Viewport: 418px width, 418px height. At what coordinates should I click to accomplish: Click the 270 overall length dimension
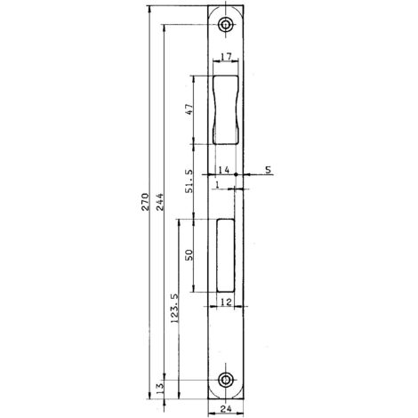(145, 202)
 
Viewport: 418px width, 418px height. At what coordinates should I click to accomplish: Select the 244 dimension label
(160, 202)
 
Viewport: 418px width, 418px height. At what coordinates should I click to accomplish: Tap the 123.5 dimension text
(174, 309)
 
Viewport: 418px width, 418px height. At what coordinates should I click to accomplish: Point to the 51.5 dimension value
(189, 181)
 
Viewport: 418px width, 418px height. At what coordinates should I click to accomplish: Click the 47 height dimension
(189, 109)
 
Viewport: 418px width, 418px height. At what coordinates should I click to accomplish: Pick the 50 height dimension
(189, 255)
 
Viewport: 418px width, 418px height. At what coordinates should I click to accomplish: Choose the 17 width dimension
(226, 56)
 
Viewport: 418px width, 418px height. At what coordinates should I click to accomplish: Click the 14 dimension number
(224, 170)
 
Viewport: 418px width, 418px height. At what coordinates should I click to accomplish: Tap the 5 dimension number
(268, 170)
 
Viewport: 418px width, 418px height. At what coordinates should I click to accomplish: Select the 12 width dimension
(226, 302)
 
